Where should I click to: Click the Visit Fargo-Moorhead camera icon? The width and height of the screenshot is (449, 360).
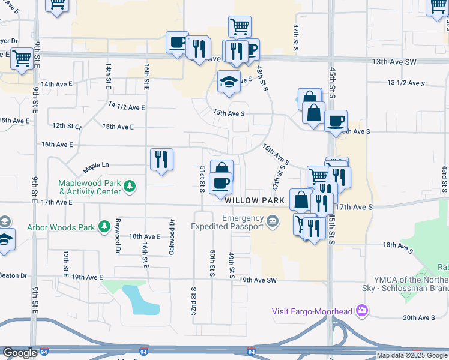point(362,310)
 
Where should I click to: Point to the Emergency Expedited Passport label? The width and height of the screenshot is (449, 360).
point(228,222)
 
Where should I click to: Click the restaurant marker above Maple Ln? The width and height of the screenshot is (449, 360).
point(161,160)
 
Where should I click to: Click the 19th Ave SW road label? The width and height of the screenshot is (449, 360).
point(258,280)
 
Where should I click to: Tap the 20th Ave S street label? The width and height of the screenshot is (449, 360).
point(418,317)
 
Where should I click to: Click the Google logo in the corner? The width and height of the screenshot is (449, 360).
point(20,353)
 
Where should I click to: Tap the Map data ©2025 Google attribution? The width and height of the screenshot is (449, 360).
point(412,355)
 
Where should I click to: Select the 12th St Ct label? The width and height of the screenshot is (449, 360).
point(66,126)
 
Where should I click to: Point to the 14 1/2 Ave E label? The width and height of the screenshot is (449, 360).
point(127,107)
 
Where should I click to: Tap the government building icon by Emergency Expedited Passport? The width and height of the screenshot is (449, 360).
point(273,222)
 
